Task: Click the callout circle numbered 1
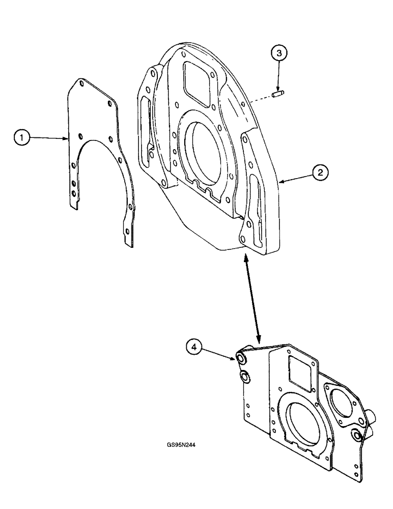click(x=21, y=137)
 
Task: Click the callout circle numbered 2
click(x=320, y=173)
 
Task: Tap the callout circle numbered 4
click(x=192, y=347)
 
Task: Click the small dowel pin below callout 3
click(x=278, y=93)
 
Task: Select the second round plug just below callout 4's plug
click(x=245, y=377)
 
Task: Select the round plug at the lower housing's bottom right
click(x=357, y=435)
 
